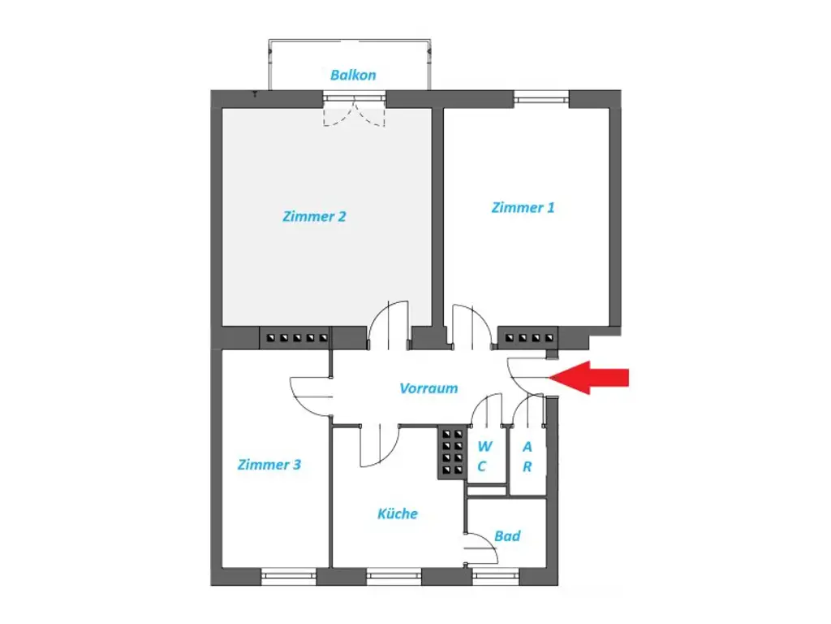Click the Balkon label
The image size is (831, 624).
tap(353, 75)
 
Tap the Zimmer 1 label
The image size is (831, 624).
tap(523, 207)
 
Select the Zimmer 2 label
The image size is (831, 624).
tap(315, 217)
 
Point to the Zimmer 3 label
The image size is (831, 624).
tap(269, 465)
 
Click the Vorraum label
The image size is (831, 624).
tap(428, 388)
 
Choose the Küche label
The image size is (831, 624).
tap(398, 513)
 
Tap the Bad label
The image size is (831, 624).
tap(507, 536)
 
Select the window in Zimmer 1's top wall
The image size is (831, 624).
tap(541, 99)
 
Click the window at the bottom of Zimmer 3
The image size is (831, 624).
tap(288, 577)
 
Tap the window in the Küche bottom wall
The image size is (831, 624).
tap(394, 577)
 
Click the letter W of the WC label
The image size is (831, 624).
tap(484, 446)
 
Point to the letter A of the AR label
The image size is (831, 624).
tap(527, 446)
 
